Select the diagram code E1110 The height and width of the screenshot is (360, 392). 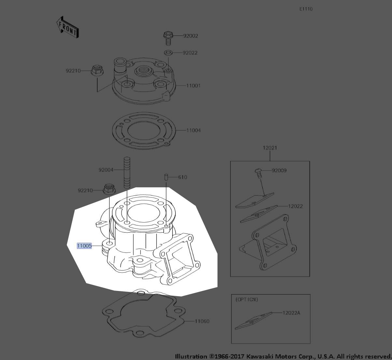[x=306, y=9]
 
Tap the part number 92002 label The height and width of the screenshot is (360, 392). [x=190, y=36]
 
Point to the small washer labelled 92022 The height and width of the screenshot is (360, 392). [x=168, y=52]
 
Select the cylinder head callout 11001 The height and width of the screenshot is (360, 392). [x=193, y=86]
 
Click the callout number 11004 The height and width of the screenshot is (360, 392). [x=193, y=130]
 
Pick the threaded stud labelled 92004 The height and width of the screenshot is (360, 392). [x=127, y=172]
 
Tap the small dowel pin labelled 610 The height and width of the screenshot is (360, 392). [x=166, y=177]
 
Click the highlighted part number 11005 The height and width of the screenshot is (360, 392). [x=84, y=246]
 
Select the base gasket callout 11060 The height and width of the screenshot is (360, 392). [x=202, y=321]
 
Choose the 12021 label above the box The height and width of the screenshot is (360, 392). [x=270, y=148]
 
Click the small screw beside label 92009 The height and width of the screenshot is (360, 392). [x=259, y=172]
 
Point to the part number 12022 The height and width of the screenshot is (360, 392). [x=295, y=206]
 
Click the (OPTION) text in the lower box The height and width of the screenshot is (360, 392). [x=246, y=299]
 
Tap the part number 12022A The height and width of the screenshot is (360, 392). [x=291, y=313]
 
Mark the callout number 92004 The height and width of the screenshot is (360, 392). [x=106, y=170]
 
